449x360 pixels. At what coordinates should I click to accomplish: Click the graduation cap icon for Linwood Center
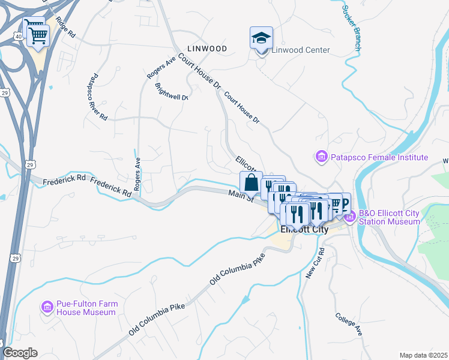pyautogui.click(x=261, y=38)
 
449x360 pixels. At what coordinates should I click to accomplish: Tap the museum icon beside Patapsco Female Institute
pyautogui.click(x=321, y=157)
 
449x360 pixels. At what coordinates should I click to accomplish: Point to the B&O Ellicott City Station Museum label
pyautogui.click(x=389, y=217)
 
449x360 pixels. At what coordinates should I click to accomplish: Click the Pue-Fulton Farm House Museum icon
pyautogui.click(x=47, y=307)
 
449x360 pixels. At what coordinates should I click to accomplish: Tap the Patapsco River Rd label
pyautogui.click(x=98, y=97)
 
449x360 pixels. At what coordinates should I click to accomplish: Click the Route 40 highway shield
pyautogui.click(x=18, y=37)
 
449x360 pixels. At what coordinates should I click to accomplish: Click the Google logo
pyautogui.click(x=20, y=353)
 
